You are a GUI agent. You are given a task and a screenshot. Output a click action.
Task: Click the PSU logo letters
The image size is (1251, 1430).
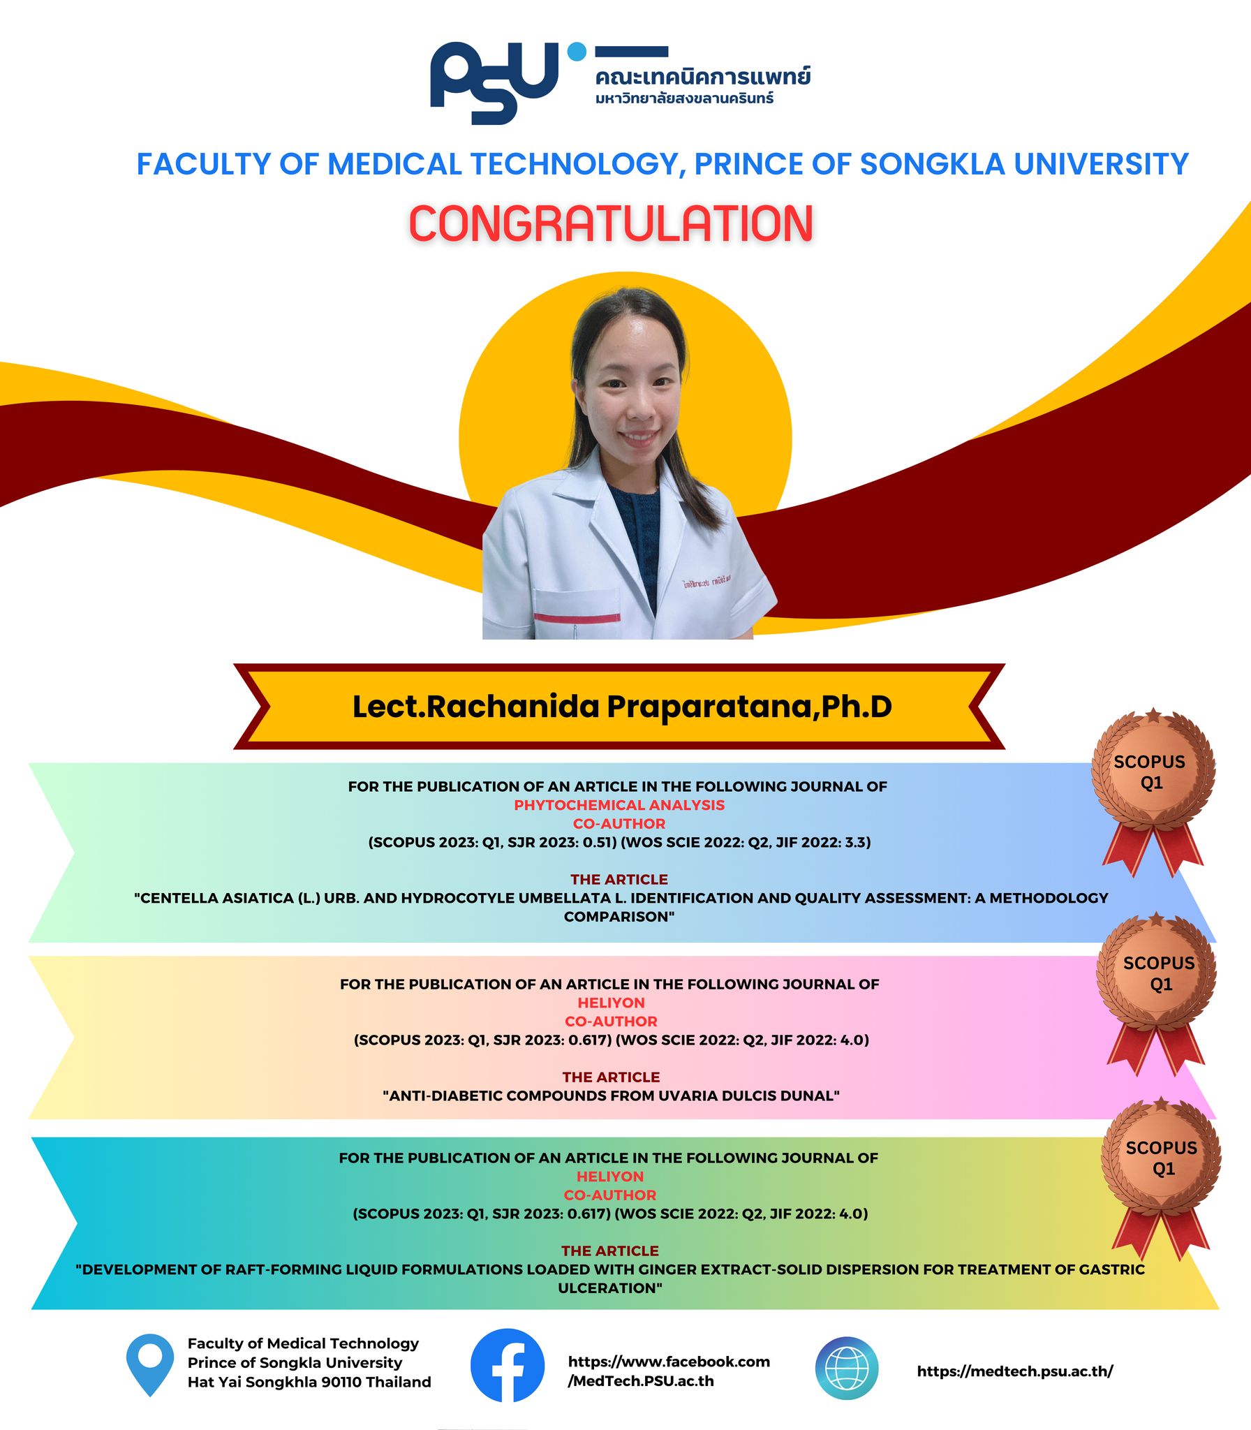point(494,82)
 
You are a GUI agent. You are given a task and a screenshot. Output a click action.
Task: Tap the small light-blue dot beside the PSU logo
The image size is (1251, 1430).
point(577,52)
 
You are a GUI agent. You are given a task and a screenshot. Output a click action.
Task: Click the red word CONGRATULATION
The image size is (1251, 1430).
point(611,224)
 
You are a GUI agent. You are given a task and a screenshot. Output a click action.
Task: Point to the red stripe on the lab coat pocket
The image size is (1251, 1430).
point(577,618)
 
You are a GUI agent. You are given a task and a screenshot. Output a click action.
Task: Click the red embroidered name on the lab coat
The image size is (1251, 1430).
point(706,581)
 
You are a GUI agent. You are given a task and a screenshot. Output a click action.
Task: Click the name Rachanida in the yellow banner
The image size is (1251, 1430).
point(513,707)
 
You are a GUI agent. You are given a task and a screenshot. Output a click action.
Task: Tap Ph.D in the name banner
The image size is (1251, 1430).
point(857,707)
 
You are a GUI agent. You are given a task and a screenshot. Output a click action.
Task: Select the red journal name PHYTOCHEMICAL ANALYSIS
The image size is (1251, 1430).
point(619,805)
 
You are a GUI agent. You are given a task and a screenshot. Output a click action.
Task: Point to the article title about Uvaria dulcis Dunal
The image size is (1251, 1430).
point(611,1096)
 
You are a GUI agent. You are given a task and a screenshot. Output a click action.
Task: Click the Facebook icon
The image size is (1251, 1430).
point(508,1365)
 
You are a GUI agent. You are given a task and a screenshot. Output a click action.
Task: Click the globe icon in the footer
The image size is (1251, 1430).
point(847,1369)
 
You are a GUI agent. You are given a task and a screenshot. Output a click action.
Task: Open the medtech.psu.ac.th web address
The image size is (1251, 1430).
point(1015,1371)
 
